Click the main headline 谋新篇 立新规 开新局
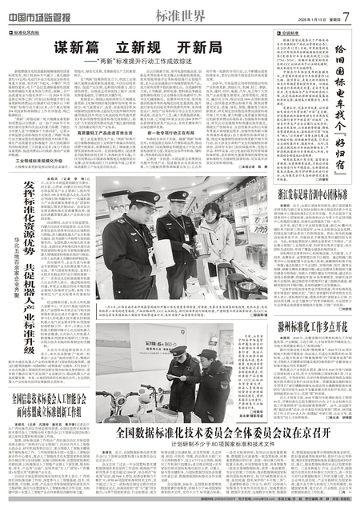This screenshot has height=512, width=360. (x=130, y=48)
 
